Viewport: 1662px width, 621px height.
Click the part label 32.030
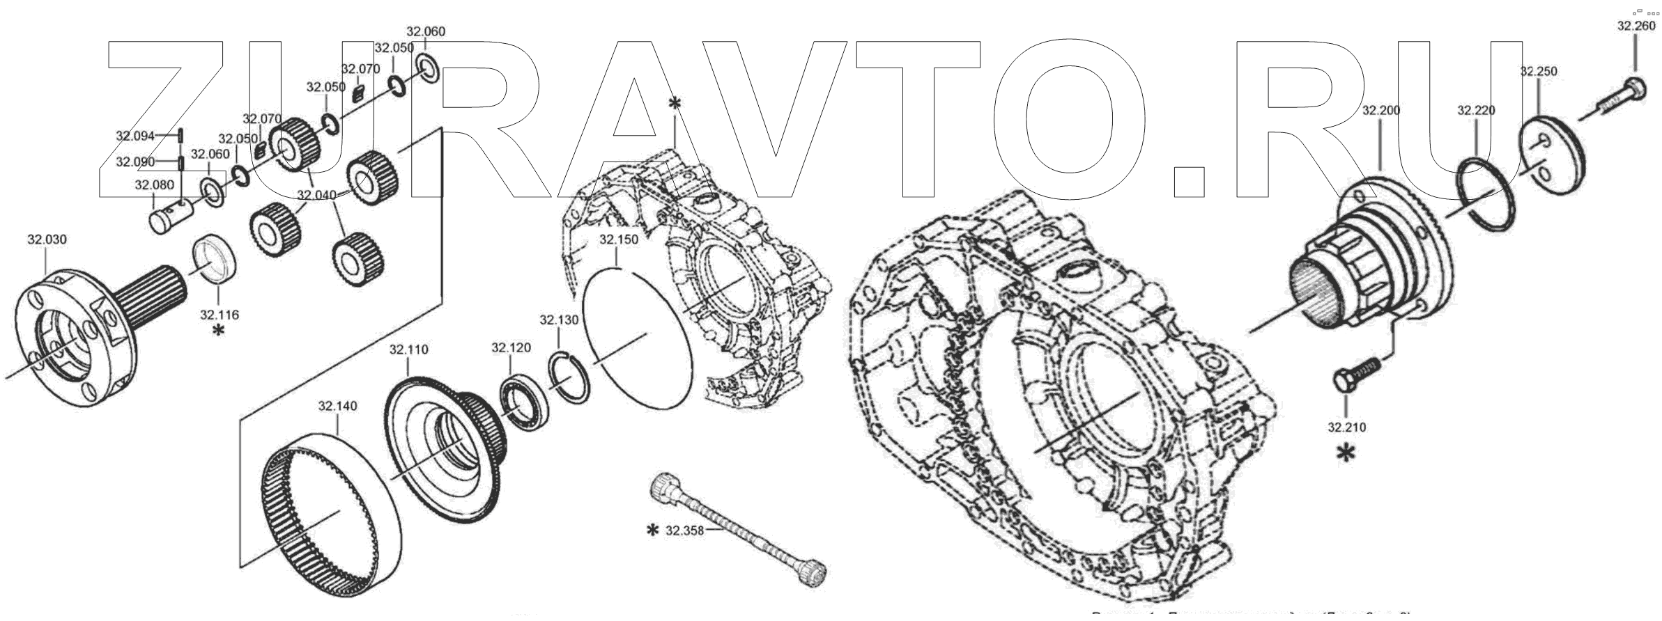[x=47, y=239]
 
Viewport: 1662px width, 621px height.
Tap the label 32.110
[x=408, y=349]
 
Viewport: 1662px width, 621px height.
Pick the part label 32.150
[x=618, y=239]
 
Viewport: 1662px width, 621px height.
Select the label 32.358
[x=685, y=530]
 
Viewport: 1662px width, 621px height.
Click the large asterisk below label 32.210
[x=1346, y=454]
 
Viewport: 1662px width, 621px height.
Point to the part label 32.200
[x=1380, y=110]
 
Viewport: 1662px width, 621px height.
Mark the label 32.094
[x=135, y=136]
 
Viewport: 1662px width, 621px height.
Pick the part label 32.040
[x=316, y=195]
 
